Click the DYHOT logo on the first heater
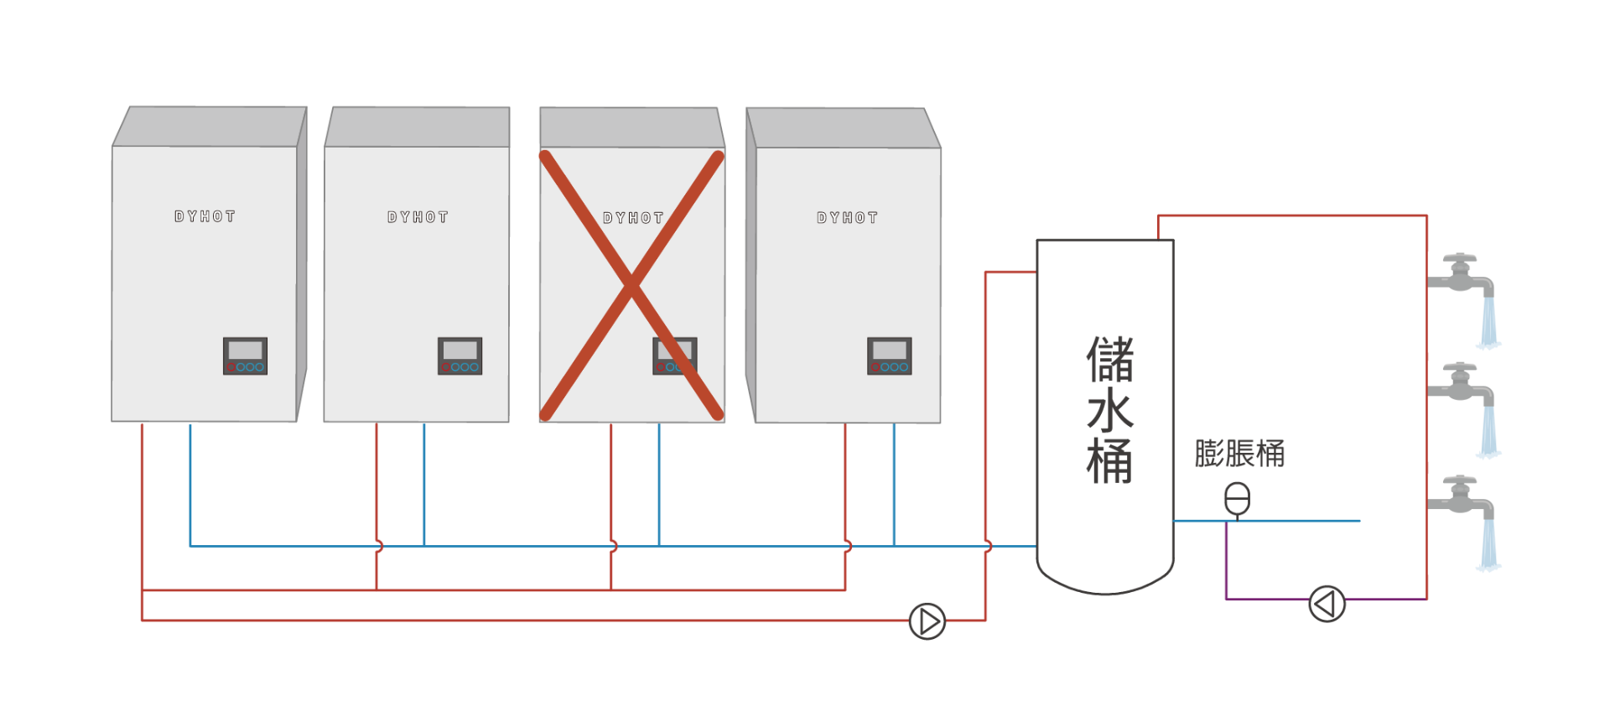(x=205, y=216)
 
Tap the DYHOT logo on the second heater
(x=418, y=217)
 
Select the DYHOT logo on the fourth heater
(x=847, y=218)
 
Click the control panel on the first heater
(x=245, y=356)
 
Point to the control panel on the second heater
(x=460, y=356)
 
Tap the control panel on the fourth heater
(x=889, y=356)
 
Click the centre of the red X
(x=631, y=285)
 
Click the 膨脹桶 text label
(x=1239, y=454)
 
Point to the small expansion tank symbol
(x=1237, y=499)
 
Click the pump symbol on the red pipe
(x=927, y=621)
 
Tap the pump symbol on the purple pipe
(x=1327, y=603)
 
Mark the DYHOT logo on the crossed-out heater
(x=633, y=218)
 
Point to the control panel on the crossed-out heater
(x=675, y=356)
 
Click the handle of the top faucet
(x=1463, y=260)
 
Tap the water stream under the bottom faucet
(x=1488, y=545)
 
